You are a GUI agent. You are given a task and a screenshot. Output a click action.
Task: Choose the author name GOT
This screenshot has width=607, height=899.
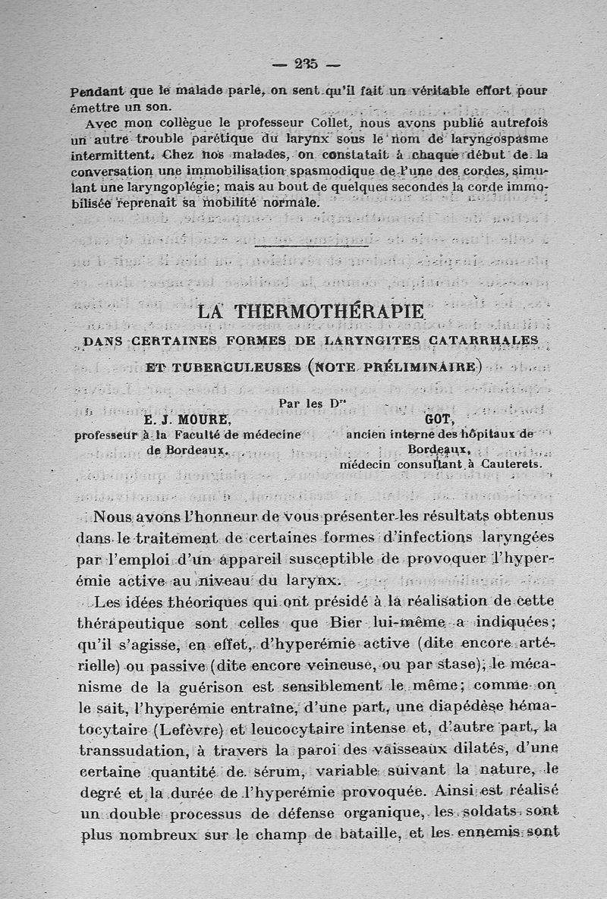pos(439,420)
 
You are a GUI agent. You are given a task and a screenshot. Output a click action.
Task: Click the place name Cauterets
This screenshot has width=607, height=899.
pos(512,464)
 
